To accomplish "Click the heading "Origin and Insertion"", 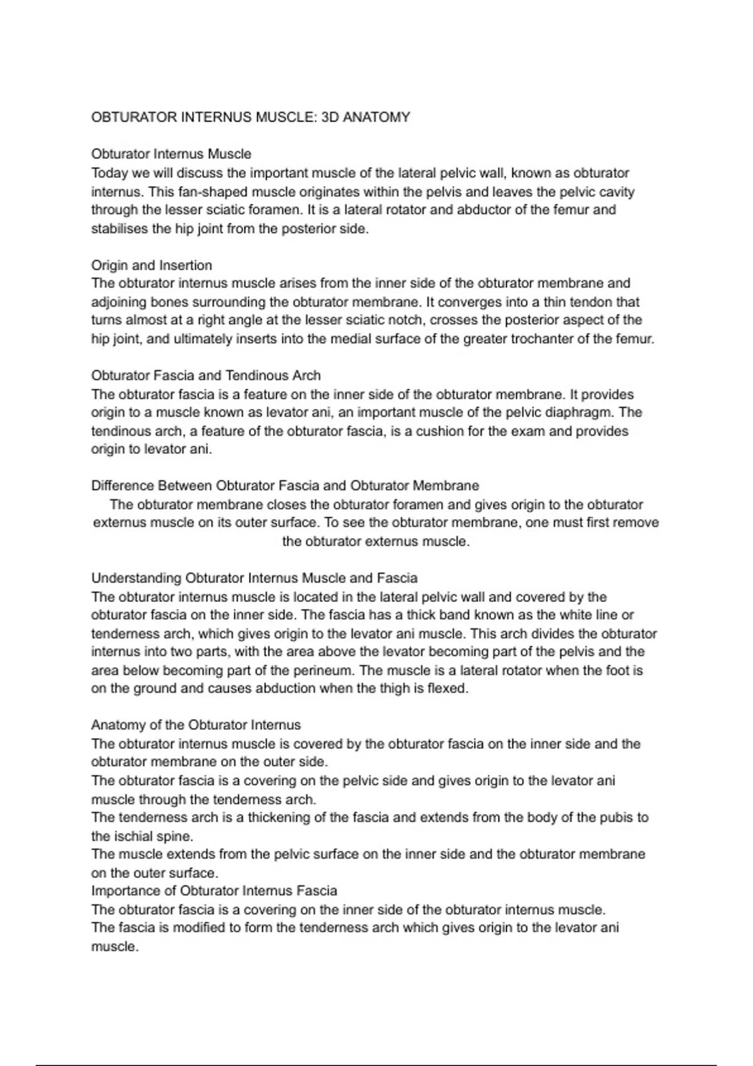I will click(151, 265).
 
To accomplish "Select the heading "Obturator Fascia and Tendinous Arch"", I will click(206, 376).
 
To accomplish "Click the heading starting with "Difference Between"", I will click(285, 486).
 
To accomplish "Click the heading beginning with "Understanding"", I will click(254, 578).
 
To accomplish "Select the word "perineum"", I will click(323, 670).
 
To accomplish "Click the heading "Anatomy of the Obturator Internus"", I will click(196, 726).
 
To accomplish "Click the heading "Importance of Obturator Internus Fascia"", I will click(214, 891).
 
